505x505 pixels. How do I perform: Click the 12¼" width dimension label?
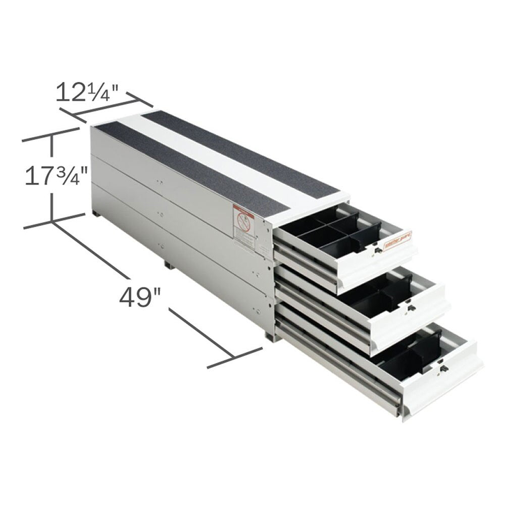tap(86, 92)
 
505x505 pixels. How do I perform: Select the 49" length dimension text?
tap(136, 297)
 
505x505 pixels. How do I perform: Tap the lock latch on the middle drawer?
tap(410, 307)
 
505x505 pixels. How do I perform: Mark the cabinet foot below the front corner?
tap(270, 336)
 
